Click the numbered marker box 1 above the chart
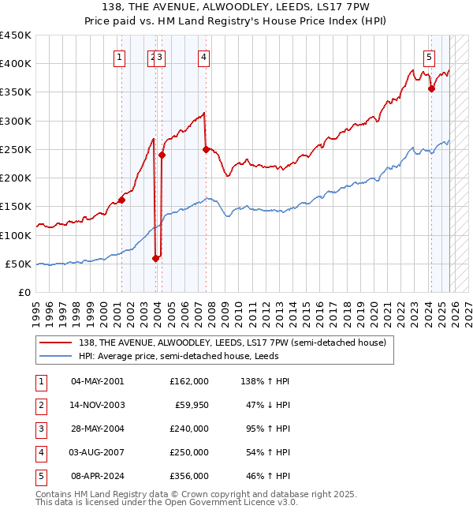tap(119, 56)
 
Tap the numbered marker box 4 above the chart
tap(203, 56)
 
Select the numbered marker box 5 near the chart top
tap(429, 56)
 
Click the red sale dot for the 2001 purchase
tap(122, 200)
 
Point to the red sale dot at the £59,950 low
tap(155, 257)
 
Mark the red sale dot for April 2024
tap(431, 89)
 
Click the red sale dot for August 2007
tap(206, 149)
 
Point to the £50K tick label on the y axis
tap(18, 264)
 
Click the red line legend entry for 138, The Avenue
tap(232, 343)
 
